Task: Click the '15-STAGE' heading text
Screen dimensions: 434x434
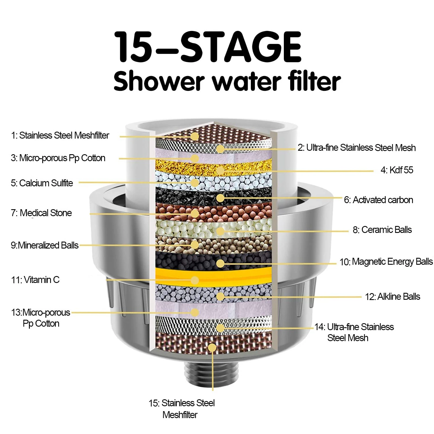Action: [208, 47]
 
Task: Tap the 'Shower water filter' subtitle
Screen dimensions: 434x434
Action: [227, 81]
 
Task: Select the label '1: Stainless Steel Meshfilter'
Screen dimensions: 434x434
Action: [60, 135]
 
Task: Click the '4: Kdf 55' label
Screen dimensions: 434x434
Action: [397, 170]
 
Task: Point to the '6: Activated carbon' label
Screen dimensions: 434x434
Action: [378, 200]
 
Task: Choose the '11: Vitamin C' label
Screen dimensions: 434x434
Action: [35, 280]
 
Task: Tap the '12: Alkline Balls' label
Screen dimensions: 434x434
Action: [392, 297]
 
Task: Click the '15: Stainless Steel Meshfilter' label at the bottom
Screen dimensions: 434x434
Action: [181, 409]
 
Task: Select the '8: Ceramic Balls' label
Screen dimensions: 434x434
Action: [382, 230]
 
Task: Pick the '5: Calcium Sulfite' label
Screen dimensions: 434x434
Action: [42, 183]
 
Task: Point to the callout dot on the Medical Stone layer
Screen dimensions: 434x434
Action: [195, 214]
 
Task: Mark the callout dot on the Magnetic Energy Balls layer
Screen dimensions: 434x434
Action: [220, 263]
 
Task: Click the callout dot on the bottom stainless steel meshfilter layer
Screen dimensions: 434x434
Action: [212, 347]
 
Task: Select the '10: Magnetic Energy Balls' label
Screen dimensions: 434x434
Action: [386, 262]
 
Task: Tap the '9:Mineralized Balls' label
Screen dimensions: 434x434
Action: [45, 245]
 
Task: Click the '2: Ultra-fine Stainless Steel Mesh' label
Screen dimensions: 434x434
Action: [357, 148]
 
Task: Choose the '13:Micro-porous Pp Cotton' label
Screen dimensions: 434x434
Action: [41, 318]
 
